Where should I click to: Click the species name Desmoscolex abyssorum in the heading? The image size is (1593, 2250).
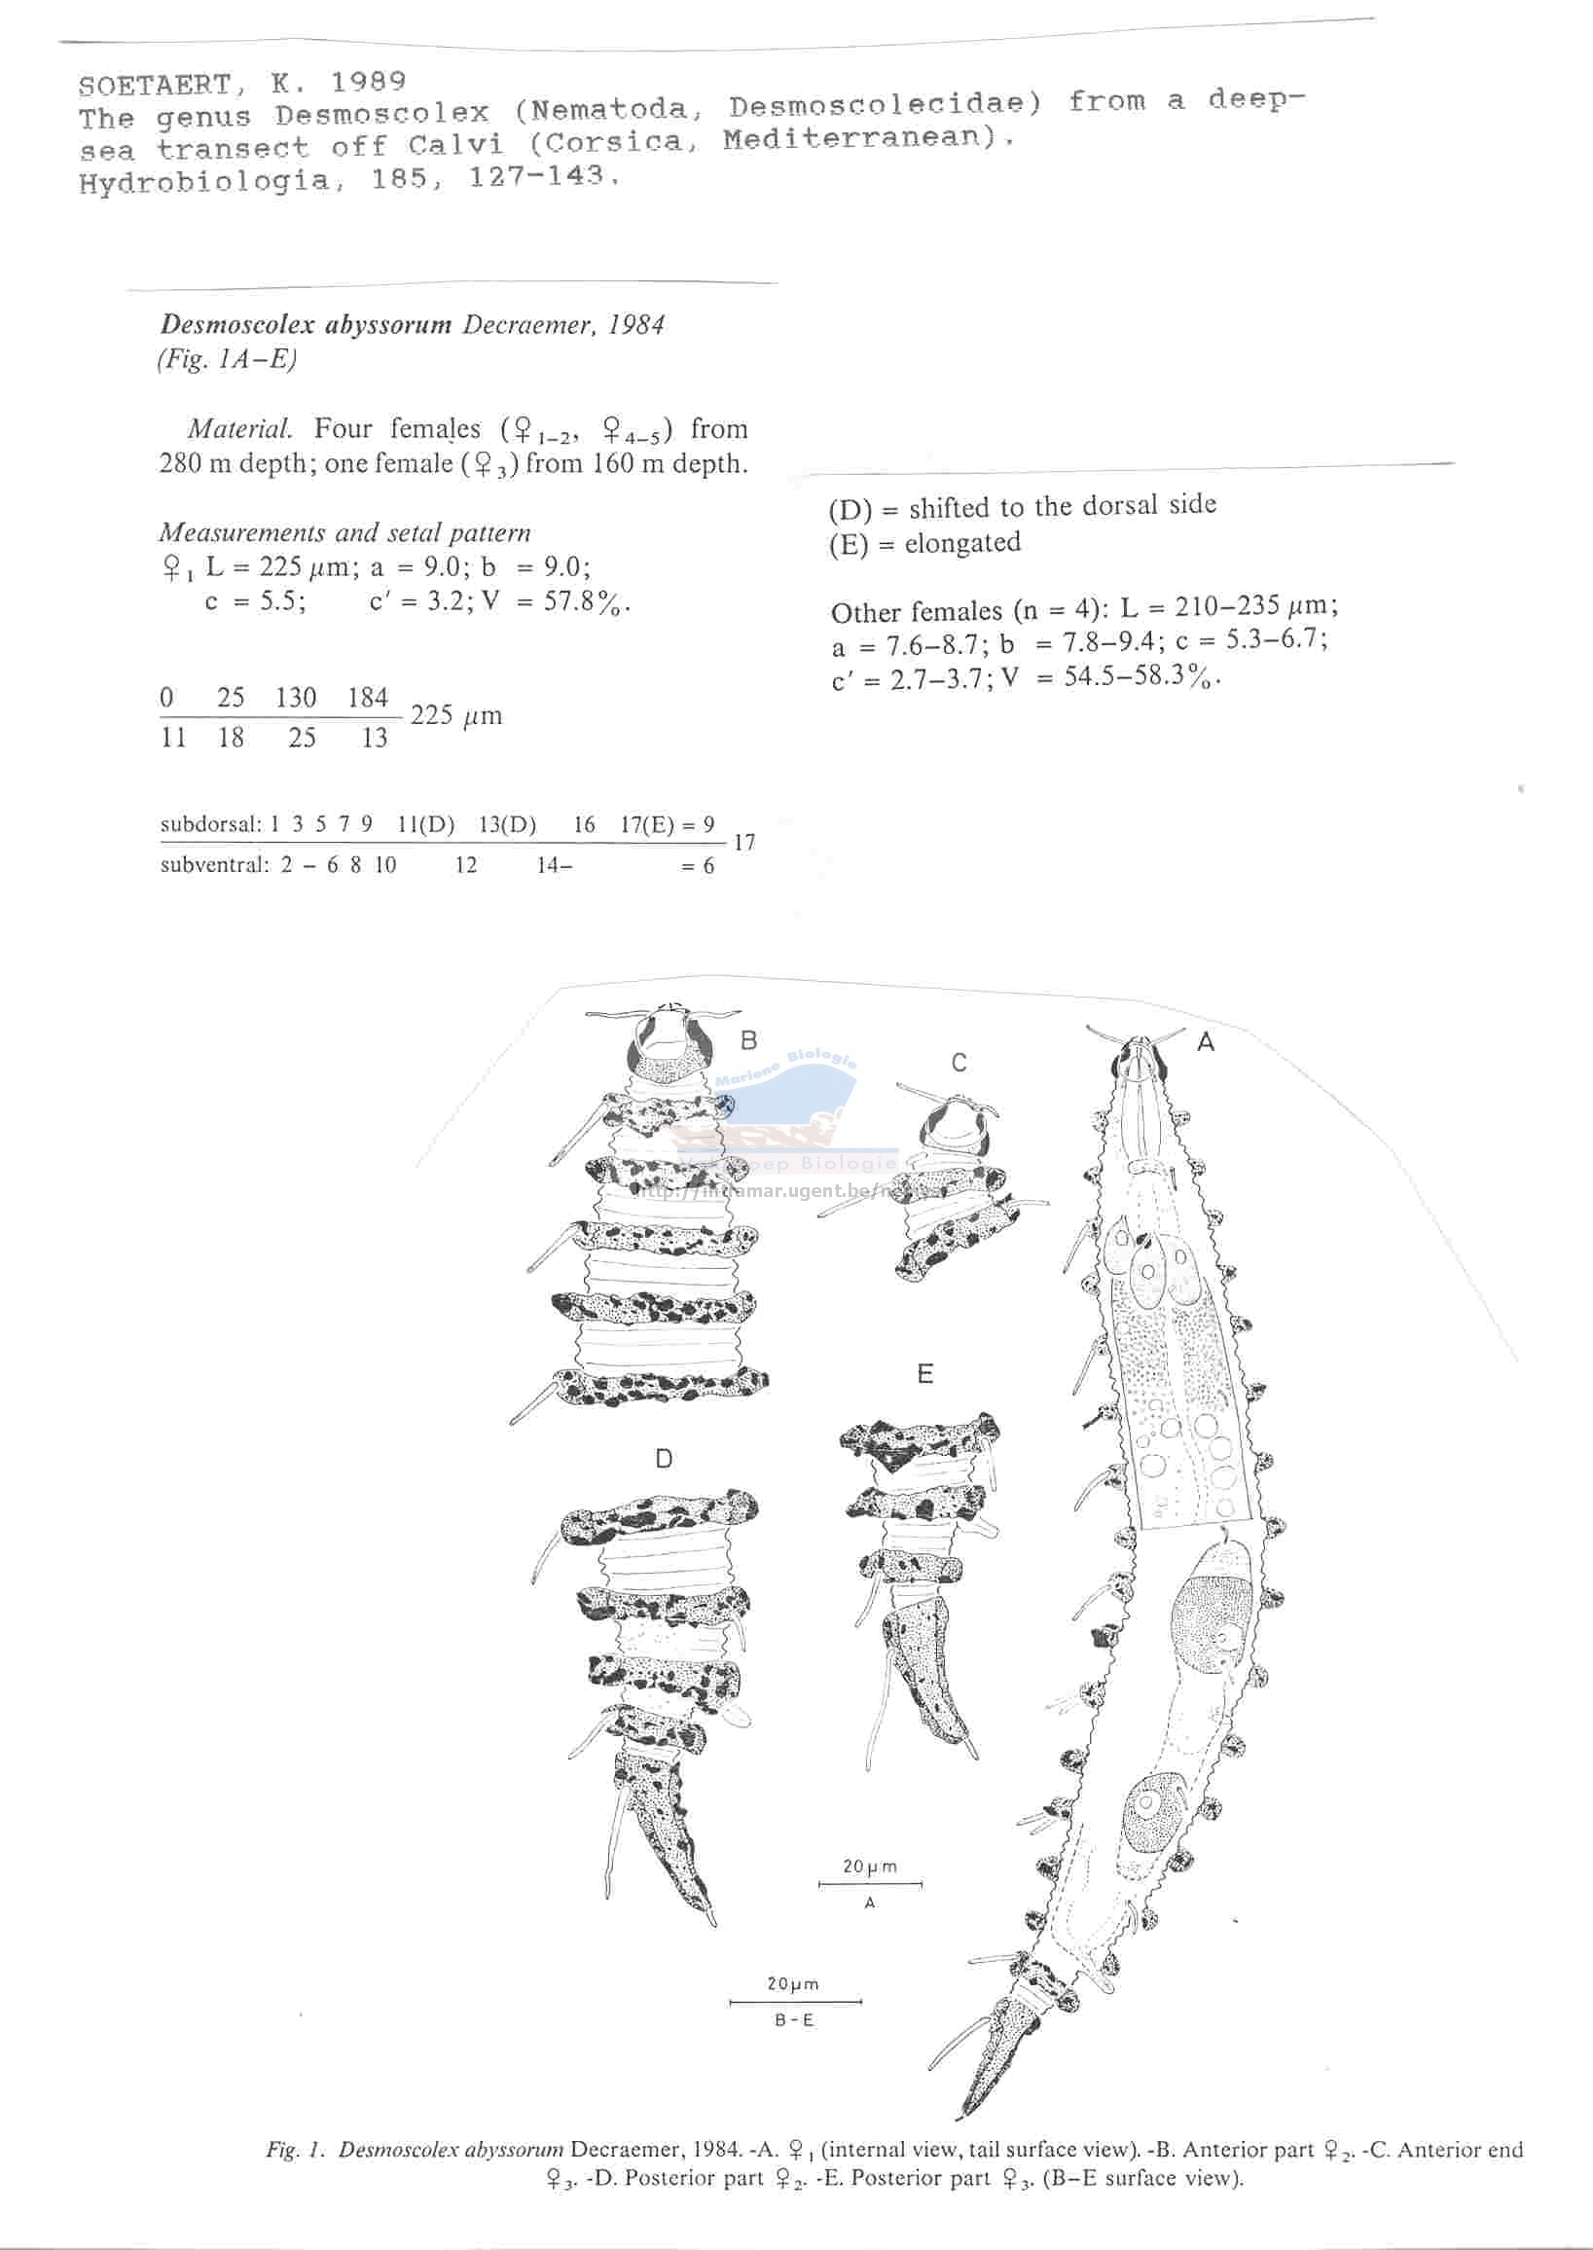click(x=306, y=326)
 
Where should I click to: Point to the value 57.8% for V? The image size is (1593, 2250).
click(x=586, y=601)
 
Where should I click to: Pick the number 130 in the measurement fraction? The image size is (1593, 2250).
click(x=295, y=698)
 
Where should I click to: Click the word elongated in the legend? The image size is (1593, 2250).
click(x=962, y=542)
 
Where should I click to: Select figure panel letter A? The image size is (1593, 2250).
click(x=1206, y=1042)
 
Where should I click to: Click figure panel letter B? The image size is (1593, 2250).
click(x=748, y=1039)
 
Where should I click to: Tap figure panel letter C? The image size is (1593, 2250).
click(x=959, y=1062)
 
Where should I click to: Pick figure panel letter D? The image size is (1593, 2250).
click(x=664, y=1459)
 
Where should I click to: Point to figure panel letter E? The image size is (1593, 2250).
click(x=925, y=1374)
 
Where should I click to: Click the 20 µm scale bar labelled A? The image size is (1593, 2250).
click(x=870, y=1884)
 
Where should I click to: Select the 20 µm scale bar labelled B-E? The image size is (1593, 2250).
click(x=795, y=2001)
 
